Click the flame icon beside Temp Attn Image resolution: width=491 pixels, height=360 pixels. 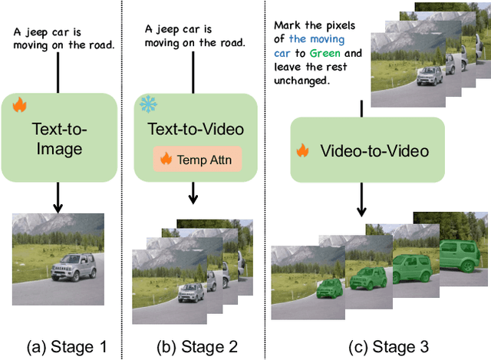pyautogui.click(x=164, y=160)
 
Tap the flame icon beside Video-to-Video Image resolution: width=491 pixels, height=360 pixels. pyautogui.click(x=304, y=152)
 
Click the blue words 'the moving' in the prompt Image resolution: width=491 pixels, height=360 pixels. pyautogui.click(x=318, y=38)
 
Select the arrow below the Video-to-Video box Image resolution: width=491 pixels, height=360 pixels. pyautogui.click(x=362, y=203)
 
